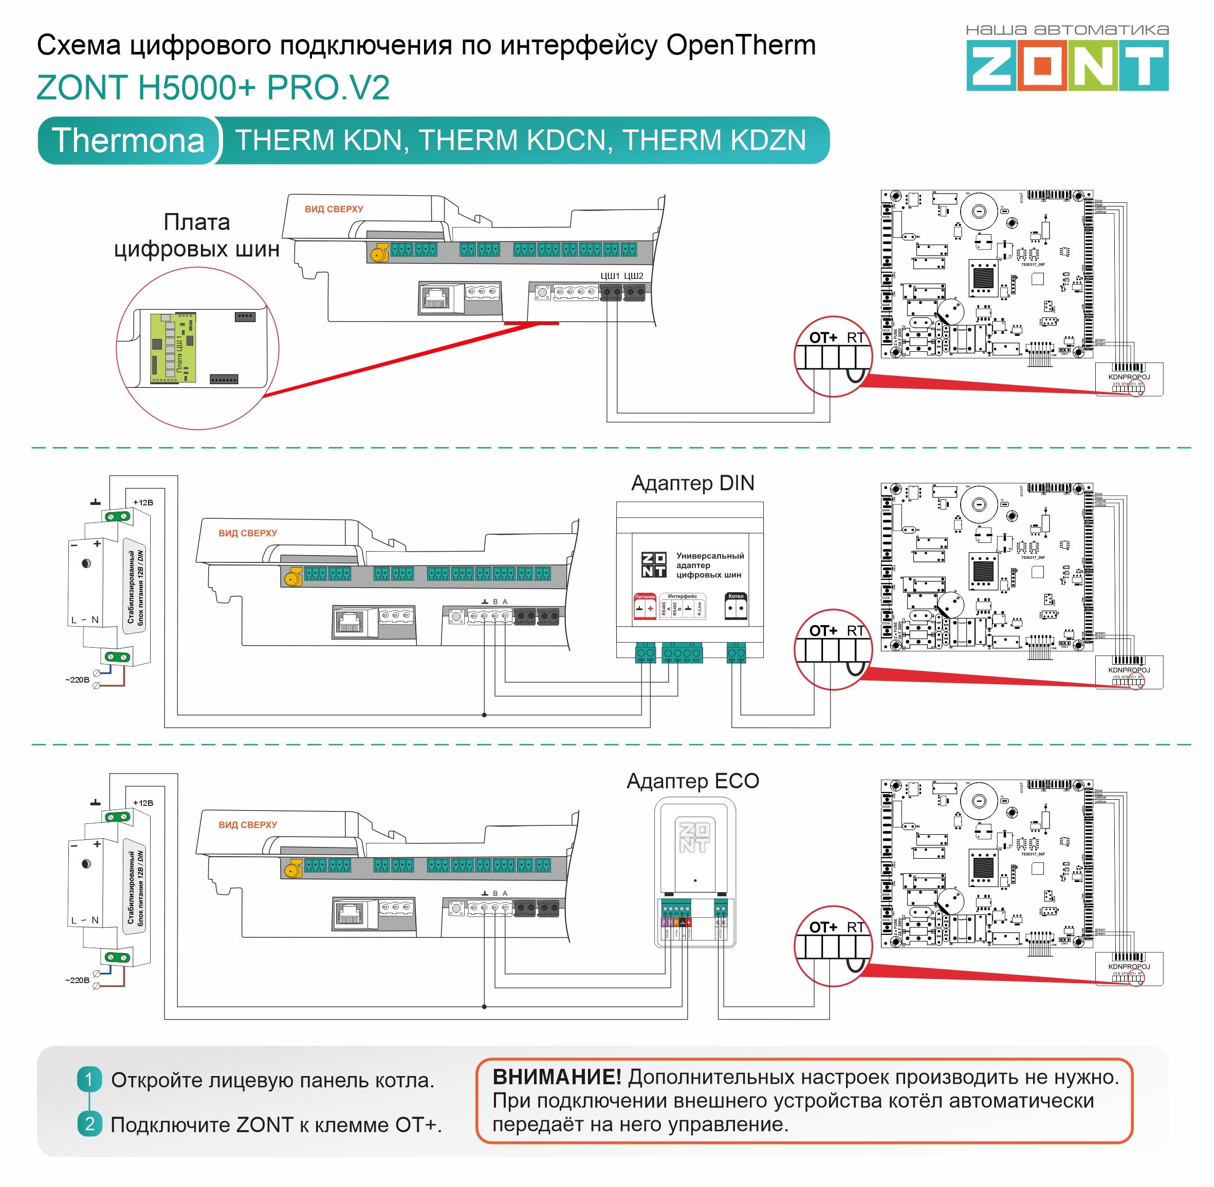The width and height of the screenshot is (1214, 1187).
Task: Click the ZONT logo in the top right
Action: [x=1067, y=65]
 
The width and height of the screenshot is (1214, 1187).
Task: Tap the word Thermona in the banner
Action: [x=128, y=140]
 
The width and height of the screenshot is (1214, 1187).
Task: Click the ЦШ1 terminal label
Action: [x=610, y=275]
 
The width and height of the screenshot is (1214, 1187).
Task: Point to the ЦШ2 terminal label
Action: [x=634, y=275]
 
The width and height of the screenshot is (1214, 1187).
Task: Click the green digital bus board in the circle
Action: [x=173, y=348]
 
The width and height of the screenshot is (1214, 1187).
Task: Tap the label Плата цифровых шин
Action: [x=196, y=236]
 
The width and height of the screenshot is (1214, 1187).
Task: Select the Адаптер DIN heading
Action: [x=692, y=483]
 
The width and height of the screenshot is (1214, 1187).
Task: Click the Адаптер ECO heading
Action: [x=692, y=781]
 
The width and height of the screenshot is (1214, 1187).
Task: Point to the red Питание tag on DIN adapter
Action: [x=645, y=597]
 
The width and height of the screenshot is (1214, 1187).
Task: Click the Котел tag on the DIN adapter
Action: [x=735, y=597]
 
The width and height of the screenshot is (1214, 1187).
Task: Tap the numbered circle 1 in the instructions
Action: [x=89, y=1079]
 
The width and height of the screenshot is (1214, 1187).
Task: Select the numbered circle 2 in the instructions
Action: [x=89, y=1124]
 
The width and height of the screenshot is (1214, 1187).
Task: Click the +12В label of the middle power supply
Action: [x=143, y=502]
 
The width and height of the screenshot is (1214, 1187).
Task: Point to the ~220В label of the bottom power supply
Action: [x=78, y=981]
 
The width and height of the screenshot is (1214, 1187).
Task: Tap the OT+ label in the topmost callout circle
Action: [x=823, y=338]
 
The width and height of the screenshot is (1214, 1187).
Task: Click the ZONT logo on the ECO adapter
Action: [x=694, y=837]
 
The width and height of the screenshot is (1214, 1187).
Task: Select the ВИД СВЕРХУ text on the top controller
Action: [x=334, y=210]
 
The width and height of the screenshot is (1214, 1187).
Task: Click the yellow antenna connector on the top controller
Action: [x=377, y=253]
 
